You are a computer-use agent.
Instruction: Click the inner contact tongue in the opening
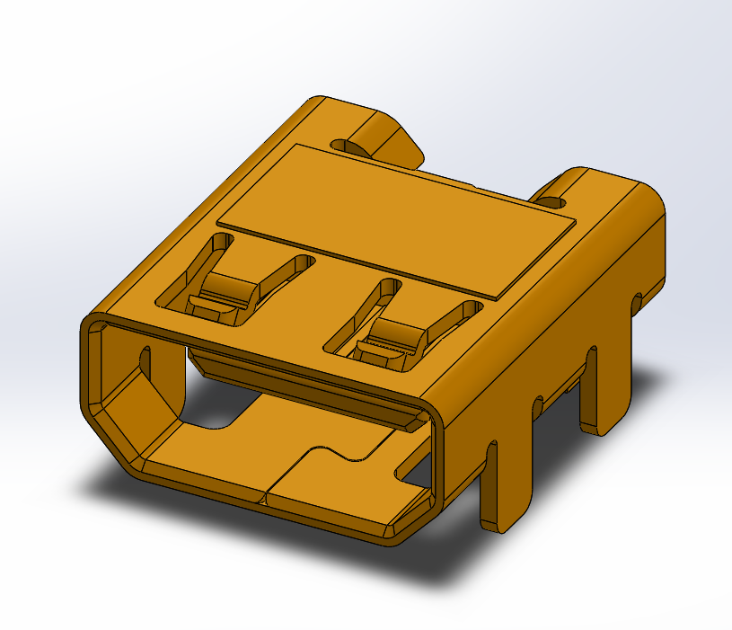[305, 386]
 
